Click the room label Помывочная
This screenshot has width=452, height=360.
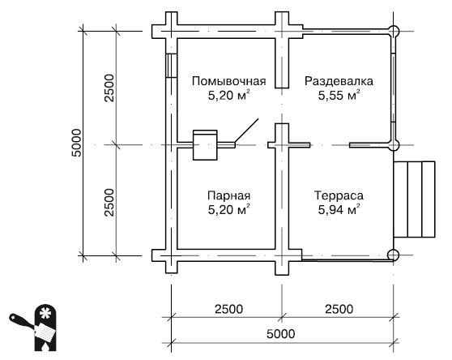coord(229,81)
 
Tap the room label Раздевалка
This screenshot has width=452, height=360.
coord(339,81)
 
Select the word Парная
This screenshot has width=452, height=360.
coord(228,197)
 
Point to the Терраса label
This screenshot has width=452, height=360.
coord(339,197)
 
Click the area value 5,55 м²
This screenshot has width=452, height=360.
coord(339,96)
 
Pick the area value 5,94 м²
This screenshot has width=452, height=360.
coord(339,212)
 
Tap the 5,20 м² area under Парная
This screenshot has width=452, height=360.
coord(228,212)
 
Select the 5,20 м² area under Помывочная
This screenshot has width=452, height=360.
coord(228,96)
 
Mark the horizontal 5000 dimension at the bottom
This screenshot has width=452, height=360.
coord(281,334)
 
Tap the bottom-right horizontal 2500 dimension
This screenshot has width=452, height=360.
coord(338,308)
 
